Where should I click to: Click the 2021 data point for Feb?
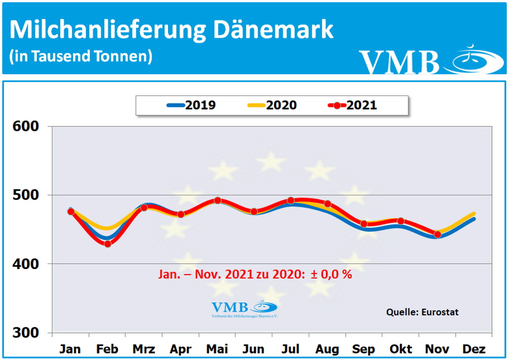107,244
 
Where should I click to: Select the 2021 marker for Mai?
217,200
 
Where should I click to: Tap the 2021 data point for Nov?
437,234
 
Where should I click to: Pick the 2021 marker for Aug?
328,204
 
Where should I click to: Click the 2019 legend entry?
191,105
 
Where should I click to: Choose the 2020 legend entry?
272,105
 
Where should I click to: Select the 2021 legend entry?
352,105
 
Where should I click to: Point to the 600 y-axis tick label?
25,126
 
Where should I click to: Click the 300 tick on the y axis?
25,333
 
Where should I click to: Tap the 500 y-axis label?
25,195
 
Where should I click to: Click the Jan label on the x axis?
71,349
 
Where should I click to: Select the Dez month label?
474,349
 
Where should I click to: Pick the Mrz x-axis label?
144,349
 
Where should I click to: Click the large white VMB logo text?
400,62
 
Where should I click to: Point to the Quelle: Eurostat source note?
422,312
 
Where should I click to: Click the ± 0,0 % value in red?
332,274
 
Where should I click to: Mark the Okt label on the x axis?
401,349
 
